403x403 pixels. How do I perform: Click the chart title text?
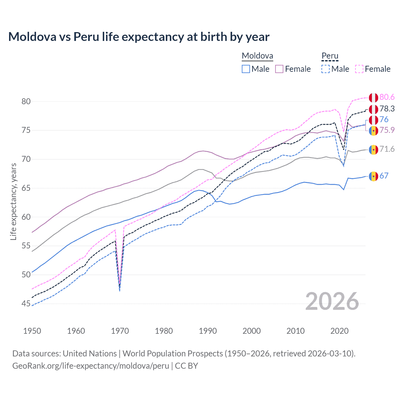click(x=139, y=37)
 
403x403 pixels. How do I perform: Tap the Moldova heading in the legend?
click(x=257, y=56)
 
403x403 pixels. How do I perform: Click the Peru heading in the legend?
click(x=330, y=56)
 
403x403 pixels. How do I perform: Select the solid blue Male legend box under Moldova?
click(x=246, y=69)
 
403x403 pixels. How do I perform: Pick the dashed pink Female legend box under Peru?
click(x=359, y=69)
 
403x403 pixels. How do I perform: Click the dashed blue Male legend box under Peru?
click(x=326, y=69)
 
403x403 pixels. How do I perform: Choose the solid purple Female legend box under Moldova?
click(x=279, y=69)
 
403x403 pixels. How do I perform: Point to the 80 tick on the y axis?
click(x=26, y=101)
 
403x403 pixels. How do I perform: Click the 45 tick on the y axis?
click(x=26, y=304)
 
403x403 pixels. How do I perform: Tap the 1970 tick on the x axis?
click(x=120, y=331)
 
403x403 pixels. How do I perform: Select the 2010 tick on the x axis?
click(x=295, y=331)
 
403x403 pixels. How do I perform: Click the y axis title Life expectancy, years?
click(x=13, y=201)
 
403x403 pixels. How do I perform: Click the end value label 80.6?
click(x=387, y=97)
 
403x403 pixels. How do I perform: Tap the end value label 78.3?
click(x=387, y=109)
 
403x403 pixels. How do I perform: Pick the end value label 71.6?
click(x=387, y=149)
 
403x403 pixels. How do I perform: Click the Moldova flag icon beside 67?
click(x=373, y=176)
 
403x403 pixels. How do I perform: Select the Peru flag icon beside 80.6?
click(x=373, y=97)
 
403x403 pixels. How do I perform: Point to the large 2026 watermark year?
click(x=332, y=301)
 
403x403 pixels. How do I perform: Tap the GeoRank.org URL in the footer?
click(x=91, y=366)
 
